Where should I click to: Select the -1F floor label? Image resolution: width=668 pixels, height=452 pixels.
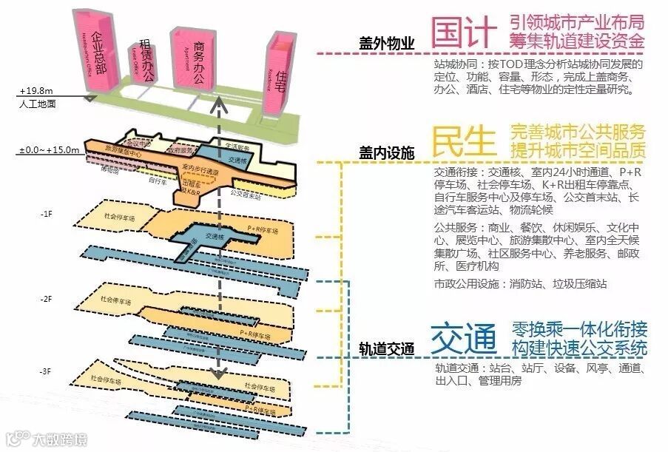[47, 214]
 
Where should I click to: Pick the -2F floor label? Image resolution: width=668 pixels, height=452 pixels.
[47, 299]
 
